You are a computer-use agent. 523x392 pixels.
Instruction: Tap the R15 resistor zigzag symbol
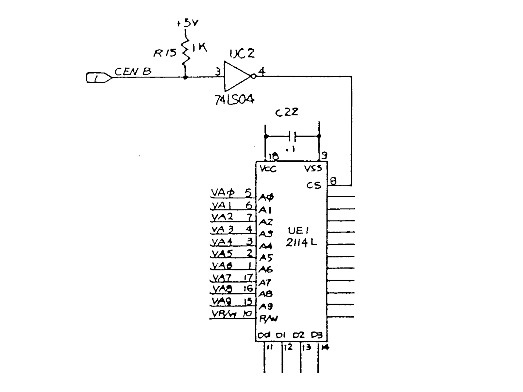[x=186, y=52]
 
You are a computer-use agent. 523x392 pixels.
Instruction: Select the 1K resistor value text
[x=199, y=48]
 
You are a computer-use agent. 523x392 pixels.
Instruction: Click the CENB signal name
[x=133, y=72]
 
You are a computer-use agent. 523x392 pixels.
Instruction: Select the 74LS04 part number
[x=234, y=99]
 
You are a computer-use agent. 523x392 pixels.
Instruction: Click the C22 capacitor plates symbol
[x=292, y=136]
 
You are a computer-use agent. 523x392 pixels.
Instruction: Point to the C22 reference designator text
[x=287, y=112]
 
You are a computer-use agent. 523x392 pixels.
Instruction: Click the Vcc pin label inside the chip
[x=268, y=169]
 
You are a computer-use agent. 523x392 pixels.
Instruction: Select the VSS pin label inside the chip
[x=313, y=169]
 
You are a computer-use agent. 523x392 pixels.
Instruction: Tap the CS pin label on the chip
[x=313, y=186]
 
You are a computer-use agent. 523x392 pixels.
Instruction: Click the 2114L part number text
[x=301, y=242]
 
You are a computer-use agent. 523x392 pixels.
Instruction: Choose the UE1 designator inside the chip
[x=298, y=231]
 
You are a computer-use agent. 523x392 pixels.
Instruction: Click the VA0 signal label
[x=223, y=193]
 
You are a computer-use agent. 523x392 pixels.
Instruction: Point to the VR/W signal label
[x=224, y=314]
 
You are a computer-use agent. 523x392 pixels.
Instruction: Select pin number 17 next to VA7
[x=248, y=277]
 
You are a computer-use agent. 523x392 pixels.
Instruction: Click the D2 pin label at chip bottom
[x=298, y=335]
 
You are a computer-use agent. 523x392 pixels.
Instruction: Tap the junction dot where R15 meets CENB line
[x=185, y=77]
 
